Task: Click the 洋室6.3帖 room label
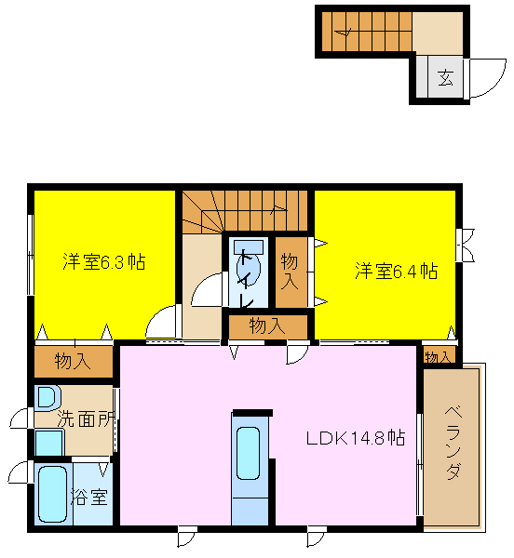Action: point(104,262)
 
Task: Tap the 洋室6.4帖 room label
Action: point(397,272)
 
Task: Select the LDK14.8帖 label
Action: point(356,438)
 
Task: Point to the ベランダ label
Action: point(453,443)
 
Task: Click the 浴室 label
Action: point(89,497)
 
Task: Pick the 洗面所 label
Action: point(87,418)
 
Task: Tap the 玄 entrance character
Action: point(446,77)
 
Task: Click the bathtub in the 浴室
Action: point(53,494)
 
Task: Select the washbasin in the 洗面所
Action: point(47,397)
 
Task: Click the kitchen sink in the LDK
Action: point(248,453)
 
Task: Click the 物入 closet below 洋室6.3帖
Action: point(74,361)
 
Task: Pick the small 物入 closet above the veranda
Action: point(440,355)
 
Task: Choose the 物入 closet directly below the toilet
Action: point(268,327)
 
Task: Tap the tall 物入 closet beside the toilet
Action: point(291,272)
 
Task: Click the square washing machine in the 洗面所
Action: point(49,443)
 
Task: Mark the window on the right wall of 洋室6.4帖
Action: point(459,246)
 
